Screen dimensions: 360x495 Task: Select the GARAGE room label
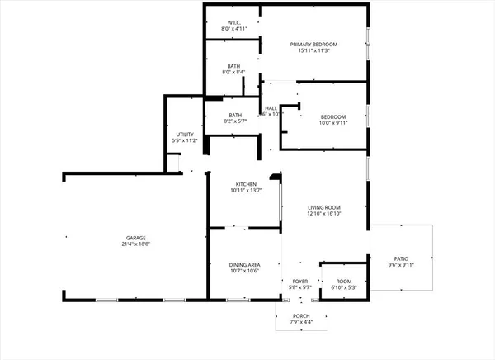136,238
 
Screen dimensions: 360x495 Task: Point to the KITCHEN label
246,184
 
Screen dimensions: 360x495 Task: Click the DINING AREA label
244,264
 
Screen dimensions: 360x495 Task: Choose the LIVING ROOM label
324,207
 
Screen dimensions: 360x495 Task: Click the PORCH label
301,315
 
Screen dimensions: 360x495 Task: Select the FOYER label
300,282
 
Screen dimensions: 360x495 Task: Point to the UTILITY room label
185,134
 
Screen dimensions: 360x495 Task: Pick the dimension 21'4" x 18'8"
136,244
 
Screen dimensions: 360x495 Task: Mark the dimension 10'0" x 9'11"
333,123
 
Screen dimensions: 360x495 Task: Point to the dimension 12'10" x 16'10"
324,214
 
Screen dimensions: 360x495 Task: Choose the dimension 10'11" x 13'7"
246,191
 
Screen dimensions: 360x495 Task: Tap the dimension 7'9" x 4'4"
301,322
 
